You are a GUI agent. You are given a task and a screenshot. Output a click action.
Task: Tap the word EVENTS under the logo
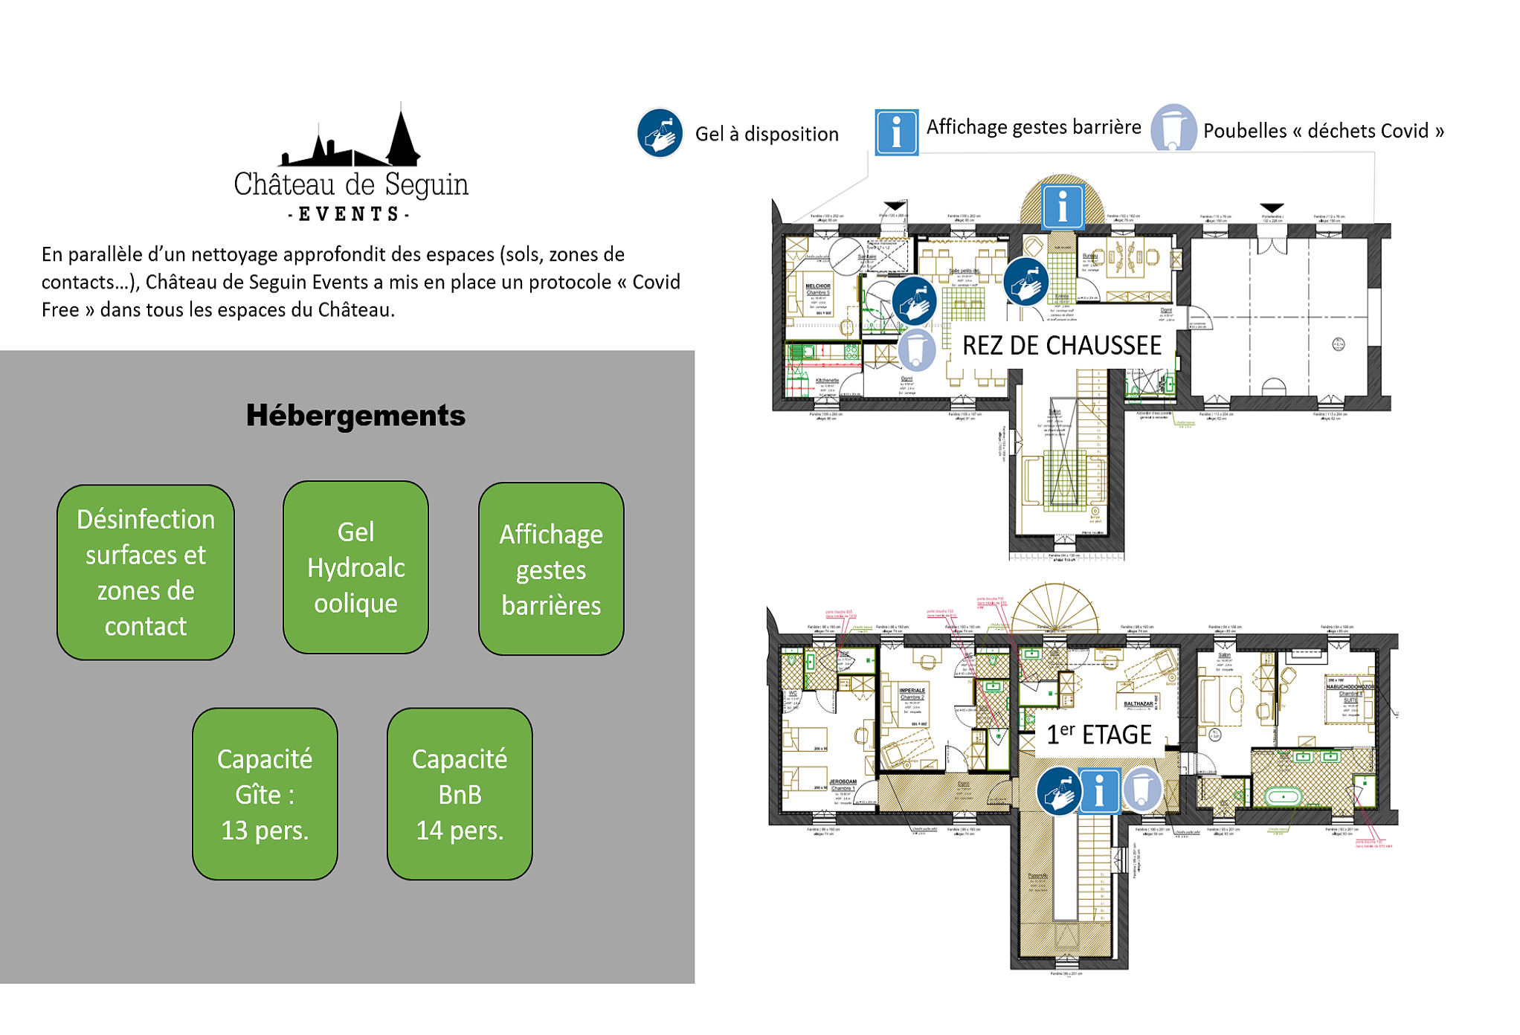coord(349,214)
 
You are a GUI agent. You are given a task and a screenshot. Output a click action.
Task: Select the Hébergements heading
coord(355,415)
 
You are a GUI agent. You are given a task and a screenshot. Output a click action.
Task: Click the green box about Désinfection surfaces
coord(146,572)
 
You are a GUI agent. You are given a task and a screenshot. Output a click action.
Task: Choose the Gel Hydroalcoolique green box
coord(355,567)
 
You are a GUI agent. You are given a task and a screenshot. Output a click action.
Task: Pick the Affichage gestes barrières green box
coord(551,569)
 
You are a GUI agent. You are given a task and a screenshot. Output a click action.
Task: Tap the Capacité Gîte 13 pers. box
coord(265,793)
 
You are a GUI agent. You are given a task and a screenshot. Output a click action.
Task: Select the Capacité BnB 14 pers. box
coord(460,793)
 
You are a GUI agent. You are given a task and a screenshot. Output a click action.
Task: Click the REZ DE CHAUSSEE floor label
coord(1061,346)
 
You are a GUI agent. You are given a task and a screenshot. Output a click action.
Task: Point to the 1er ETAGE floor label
coord(1098,735)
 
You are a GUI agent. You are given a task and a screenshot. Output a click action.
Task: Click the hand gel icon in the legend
coord(660,134)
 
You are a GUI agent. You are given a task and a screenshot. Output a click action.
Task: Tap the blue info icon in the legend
coord(896,132)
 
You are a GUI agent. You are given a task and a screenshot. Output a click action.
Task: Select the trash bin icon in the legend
coord(1173,128)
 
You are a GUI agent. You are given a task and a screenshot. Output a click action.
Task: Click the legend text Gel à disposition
coord(767,134)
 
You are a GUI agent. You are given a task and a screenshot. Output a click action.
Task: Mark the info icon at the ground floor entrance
coord(1062,205)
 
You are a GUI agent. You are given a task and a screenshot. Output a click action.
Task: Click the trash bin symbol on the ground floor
coord(917,349)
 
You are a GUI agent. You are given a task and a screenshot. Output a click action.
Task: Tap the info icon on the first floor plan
coord(1099,790)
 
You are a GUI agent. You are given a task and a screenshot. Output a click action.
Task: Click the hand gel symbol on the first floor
coord(1058,791)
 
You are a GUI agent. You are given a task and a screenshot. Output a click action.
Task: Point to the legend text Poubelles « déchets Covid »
coord(1323,131)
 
